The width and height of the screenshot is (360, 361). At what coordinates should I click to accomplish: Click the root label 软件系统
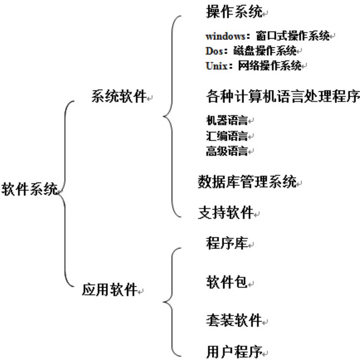pos(30,188)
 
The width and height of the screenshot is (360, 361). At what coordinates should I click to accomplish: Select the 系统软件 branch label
pos(118,96)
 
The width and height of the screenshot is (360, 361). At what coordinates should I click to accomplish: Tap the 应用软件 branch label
pos(109,289)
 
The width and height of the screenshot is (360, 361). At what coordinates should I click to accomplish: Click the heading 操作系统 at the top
pos(234,12)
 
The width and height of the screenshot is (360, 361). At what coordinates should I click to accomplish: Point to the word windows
pos(225,36)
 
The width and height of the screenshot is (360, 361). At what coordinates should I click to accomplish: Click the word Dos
pos(214,51)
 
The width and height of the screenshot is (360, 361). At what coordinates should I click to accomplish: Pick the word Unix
pos(216,65)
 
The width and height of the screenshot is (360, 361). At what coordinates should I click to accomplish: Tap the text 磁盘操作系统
pos(264,51)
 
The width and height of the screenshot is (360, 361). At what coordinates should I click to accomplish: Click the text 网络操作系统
pos(270,65)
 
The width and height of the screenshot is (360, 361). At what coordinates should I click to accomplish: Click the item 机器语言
pos(227,120)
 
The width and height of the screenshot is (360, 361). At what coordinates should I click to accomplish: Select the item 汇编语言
pos(227,136)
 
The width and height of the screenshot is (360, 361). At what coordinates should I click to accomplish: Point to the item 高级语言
pos(227,151)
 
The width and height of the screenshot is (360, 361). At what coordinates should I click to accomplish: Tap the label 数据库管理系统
pos(247,182)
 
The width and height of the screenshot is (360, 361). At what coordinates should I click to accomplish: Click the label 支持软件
pos(226,212)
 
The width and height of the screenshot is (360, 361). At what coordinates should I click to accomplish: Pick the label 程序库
pos(227,243)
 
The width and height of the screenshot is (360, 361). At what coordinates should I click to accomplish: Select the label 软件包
pos(227,282)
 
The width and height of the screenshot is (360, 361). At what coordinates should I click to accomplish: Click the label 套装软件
pos(234,320)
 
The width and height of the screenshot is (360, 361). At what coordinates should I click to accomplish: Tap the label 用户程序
pos(234,351)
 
